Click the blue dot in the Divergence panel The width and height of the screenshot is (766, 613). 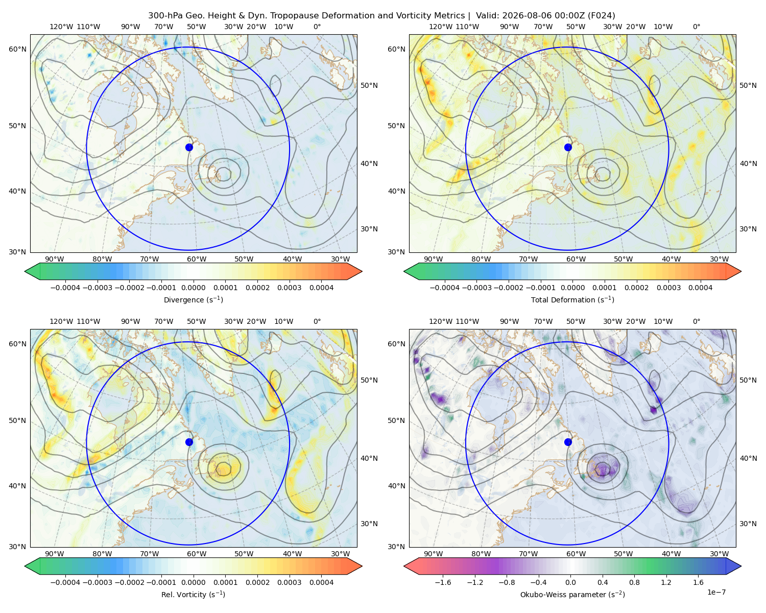coord(189,147)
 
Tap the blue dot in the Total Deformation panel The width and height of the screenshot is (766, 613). coord(568,147)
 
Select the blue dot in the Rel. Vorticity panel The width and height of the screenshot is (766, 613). coord(189,442)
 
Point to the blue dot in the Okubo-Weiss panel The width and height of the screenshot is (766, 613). coord(568,442)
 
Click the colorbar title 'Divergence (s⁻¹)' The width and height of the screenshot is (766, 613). coord(193,299)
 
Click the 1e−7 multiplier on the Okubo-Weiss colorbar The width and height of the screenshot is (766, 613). coord(716,592)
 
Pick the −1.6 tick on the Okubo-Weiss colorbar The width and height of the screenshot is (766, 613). coord(443,582)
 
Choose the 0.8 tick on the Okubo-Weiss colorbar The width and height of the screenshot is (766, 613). coord(634,582)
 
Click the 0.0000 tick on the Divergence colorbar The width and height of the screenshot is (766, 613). coord(193,288)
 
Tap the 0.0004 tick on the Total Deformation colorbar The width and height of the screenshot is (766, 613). coord(701,288)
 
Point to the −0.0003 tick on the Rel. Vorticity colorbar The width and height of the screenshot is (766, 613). coord(97,582)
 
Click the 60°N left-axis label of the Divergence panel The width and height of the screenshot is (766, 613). coord(17,49)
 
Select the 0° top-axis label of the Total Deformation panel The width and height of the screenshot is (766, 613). coord(697,27)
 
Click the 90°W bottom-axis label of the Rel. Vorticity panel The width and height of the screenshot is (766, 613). coord(55,554)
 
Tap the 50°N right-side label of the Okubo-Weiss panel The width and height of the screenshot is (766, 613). coord(748,380)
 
